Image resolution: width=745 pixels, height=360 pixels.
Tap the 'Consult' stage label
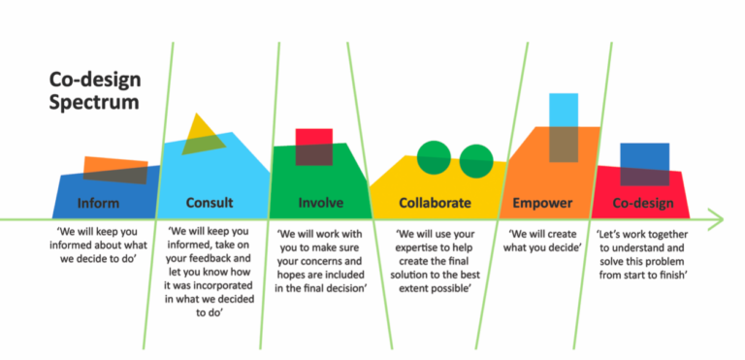coord(209,204)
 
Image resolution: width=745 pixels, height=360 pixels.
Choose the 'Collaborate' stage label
coord(435,204)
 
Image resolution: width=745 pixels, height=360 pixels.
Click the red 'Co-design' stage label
coord(644,204)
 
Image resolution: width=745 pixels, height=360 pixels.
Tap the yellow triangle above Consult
coord(204,134)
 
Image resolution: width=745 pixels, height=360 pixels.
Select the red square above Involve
coord(313,146)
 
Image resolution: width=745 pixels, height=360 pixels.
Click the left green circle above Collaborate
coord(434,156)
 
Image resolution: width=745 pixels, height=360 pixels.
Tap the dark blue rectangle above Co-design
coord(644,163)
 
